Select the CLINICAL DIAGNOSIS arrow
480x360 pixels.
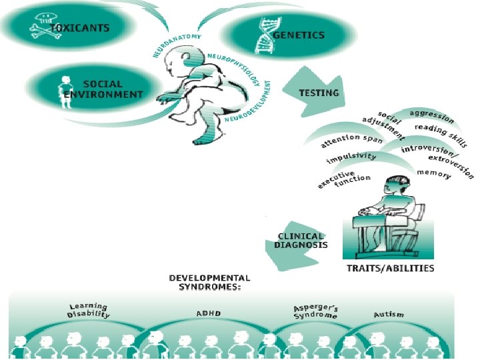(x=301, y=240)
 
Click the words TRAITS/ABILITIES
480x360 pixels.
(x=389, y=268)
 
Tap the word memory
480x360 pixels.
(x=434, y=173)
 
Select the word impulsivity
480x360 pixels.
(x=351, y=159)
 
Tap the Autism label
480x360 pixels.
(x=389, y=313)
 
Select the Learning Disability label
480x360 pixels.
(x=88, y=311)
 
